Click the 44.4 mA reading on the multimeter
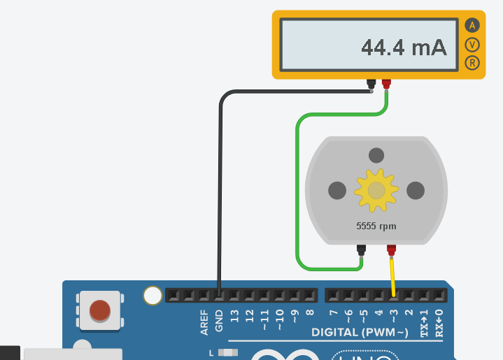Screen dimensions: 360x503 point(403,48)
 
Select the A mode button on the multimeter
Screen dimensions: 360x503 point(472,26)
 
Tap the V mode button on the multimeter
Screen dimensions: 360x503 point(472,45)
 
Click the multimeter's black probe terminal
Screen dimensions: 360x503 point(371,85)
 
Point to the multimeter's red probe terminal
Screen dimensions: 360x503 point(386,85)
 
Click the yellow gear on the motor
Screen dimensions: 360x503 point(376,190)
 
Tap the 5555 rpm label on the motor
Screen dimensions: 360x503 point(376,226)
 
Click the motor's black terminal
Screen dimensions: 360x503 point(361,250)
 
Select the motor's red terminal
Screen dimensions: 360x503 point(391,250)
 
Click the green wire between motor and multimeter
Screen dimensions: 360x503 point(298,189)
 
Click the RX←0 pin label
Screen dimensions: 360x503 point(439,322)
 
